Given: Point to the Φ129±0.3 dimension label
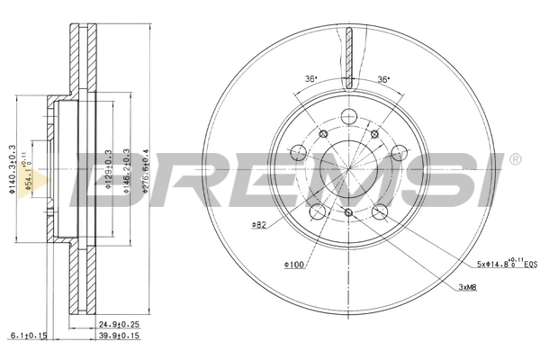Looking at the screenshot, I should point(108,162).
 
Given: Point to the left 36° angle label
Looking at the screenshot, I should point(311,80).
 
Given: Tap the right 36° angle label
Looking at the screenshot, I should point(384,80).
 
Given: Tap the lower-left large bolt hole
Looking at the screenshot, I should point(316,212).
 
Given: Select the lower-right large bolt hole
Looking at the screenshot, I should point(380,212).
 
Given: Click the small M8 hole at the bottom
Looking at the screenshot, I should point(348,211).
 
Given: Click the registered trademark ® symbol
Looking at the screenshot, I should point(516,160).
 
